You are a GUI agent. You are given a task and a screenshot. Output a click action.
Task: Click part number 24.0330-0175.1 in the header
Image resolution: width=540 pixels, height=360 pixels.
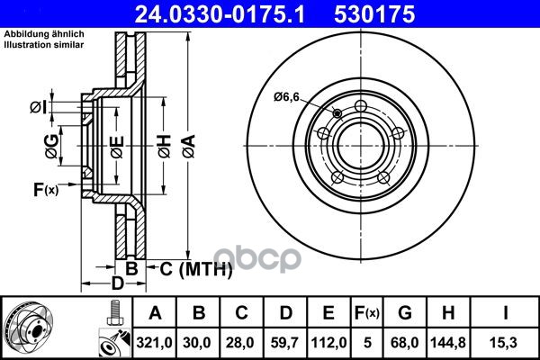click(220, 14)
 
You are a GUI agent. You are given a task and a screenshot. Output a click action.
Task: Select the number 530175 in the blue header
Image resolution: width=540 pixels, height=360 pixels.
click(374, 14)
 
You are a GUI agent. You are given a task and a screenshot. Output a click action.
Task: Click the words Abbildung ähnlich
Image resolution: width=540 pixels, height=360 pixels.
click(44, 34)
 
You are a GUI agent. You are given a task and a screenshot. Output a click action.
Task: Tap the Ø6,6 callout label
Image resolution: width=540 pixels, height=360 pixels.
click(286, 97)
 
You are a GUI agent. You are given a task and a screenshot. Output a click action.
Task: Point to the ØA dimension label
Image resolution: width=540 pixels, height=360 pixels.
click(189, 147)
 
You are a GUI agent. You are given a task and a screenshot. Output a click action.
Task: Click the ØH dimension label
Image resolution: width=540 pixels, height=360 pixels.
click(165, 147)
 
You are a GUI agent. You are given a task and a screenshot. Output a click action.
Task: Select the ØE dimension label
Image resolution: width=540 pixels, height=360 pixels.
click(117, 147)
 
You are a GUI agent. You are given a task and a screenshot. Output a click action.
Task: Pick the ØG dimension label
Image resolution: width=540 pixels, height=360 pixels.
click(51, 146)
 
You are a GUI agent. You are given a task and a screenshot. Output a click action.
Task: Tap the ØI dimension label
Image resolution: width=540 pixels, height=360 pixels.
click(38, 107)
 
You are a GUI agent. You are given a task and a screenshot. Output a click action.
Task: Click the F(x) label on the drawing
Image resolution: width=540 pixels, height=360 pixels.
click(46, 190)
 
